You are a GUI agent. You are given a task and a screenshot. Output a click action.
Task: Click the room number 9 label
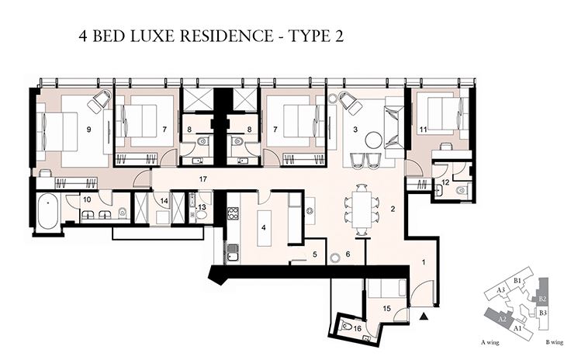[90, 130]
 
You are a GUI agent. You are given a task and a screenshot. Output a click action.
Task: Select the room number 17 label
[202, 180]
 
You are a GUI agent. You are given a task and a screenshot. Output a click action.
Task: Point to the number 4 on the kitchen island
[264, 228]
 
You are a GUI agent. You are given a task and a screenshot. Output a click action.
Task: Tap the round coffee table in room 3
[374, 140]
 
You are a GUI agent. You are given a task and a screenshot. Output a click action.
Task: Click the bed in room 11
[438, 116]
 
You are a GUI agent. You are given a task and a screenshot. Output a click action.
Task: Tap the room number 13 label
[201, 207]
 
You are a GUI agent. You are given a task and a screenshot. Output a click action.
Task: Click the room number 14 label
[164, 201]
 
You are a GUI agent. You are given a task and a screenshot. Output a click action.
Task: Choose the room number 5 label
[314, 254]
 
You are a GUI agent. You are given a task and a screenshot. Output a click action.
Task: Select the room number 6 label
[348, 254]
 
